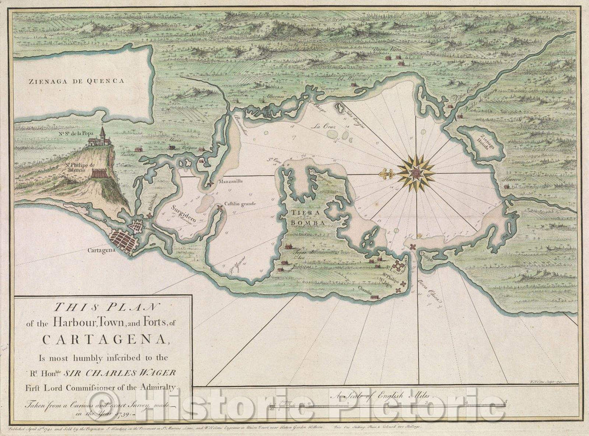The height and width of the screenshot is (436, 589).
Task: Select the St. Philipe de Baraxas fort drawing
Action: [x=99, y=173]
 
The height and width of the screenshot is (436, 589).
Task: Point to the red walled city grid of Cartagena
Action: [x=123, y=240]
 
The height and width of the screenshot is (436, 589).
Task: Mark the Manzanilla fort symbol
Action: [x=210, y=185]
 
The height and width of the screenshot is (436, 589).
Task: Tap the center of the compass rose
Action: [x=416, y=174]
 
